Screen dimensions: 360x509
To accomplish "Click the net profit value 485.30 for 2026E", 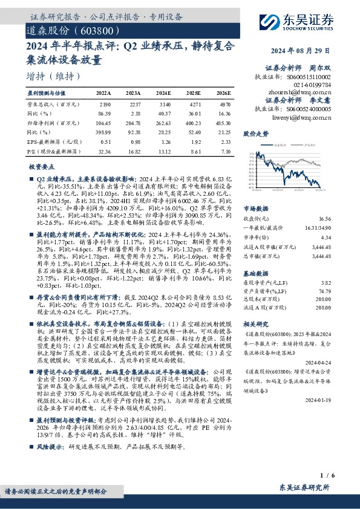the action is click(x=222, y=123).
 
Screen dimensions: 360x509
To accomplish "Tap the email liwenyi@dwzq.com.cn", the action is click(x=301, y=117).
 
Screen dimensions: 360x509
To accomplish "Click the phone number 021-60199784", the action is click(x=313, y=86).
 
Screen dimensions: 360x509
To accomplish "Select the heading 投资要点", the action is click(x=41, y=166).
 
